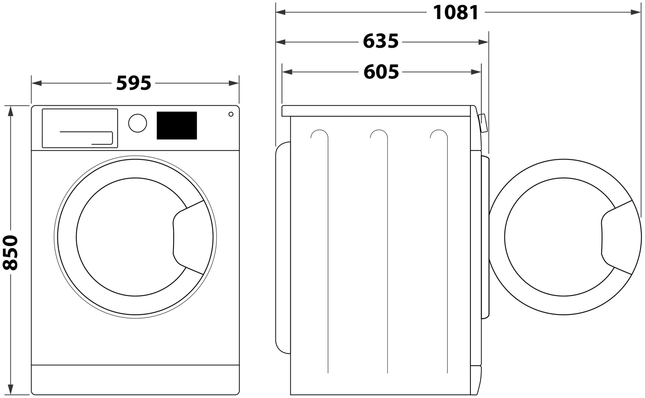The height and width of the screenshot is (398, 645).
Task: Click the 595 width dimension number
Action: point(134,83)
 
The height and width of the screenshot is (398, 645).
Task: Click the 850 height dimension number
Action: point(10,253)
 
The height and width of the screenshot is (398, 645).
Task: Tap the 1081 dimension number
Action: point(455,13)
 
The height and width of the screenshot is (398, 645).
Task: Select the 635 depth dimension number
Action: point(381,42)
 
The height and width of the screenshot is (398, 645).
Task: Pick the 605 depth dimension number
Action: point(381,72)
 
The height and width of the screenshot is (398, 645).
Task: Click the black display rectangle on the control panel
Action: point(177,125)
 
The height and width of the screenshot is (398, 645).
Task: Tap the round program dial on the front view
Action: point(137,123)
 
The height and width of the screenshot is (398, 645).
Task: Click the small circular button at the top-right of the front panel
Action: point(231,114)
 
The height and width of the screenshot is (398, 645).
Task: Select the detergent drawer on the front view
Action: point(80,128)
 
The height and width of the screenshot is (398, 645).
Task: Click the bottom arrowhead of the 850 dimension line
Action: point(11,389)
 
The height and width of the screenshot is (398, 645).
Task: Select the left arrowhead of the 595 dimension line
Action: point(36,83)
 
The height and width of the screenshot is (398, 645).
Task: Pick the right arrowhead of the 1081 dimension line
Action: point(636,12)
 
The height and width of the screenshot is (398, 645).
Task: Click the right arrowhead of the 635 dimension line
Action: point(483,42)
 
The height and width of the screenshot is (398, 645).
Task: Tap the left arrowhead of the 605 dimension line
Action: point(287,72)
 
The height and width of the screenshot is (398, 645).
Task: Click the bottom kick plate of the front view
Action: point(135,380)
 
